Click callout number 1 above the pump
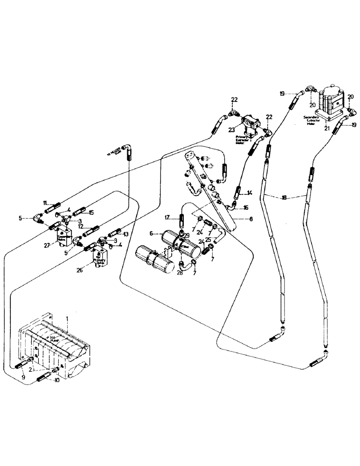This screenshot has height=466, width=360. (68, 317)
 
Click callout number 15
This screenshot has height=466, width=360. (91, 213)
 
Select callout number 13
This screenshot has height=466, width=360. (126, 234)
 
